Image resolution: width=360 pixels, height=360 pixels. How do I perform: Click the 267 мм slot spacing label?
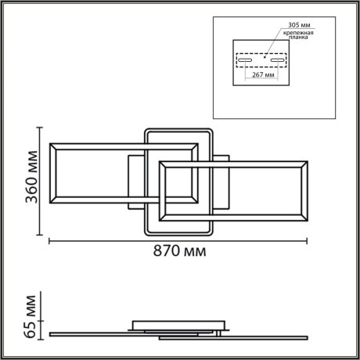pos(263,77)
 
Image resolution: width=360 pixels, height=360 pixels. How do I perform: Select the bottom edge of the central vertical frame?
pos(178,233)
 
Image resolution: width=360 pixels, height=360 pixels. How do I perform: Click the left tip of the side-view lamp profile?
pos(50,333)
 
